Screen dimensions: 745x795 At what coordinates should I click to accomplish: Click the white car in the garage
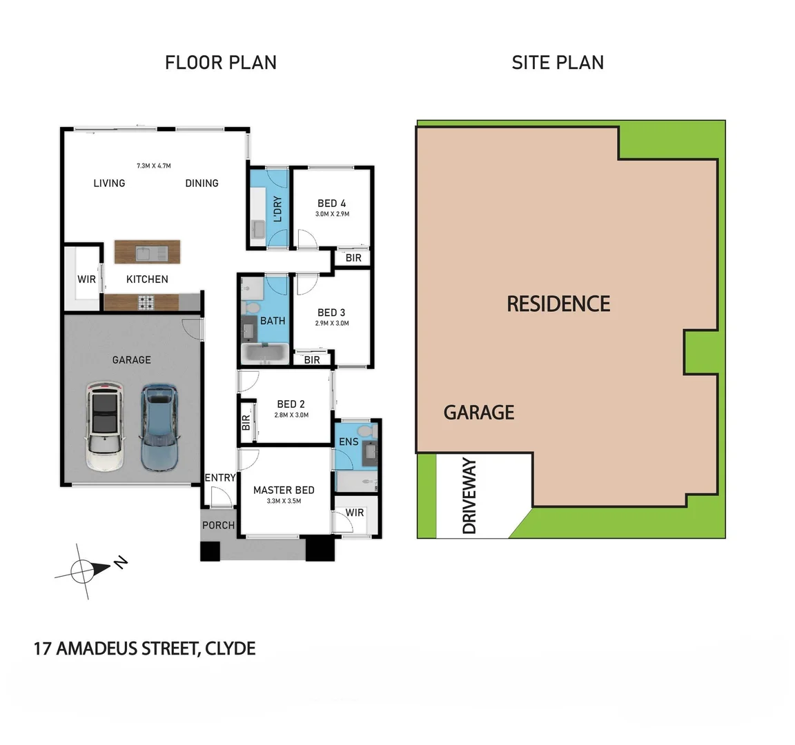coord(104,428)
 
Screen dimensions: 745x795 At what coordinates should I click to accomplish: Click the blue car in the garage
coord(159,428)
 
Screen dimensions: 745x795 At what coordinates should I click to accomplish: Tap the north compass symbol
coord(86,570)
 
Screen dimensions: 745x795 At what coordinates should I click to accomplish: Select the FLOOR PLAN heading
coord(221,63)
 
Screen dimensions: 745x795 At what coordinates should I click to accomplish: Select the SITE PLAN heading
coord(558,63)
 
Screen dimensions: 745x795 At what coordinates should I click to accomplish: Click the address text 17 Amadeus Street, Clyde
coord(145,648)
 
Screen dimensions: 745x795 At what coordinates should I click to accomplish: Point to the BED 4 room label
coord(332,203)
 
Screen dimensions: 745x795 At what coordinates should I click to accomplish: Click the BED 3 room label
coord(331,312)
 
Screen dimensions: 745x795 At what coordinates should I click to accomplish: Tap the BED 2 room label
coord(291,404)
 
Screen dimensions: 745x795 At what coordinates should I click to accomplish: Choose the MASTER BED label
coord(284,490)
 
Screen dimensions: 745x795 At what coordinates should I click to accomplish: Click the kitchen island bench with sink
coord(147,252)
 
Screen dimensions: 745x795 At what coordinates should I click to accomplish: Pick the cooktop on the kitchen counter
coord(147,301)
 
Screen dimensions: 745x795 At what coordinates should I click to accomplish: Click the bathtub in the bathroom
coord(264,354)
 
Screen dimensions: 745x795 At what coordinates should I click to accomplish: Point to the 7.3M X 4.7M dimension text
coord(153,166)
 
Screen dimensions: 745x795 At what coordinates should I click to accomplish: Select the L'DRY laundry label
coord(277,209)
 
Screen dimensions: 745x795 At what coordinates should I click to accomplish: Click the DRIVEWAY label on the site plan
coord(469,496)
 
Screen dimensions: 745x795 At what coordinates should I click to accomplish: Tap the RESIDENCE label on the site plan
coord(558,304)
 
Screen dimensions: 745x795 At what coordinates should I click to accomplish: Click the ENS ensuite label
coord(349,441)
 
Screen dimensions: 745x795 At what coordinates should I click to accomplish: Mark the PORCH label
coord(218,525)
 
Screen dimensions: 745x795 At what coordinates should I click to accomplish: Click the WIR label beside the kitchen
coord(86,279)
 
